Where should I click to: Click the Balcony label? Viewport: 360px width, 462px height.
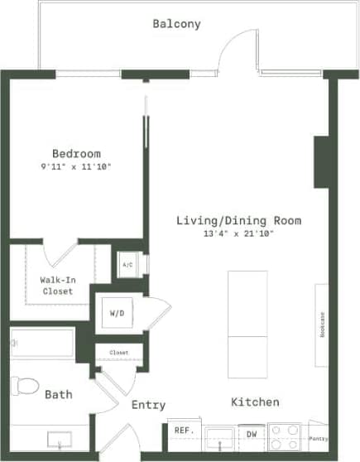click(176, 24)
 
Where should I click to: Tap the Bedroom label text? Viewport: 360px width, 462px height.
click(76, 153)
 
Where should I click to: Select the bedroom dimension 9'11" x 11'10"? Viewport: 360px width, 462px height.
click(76, 166)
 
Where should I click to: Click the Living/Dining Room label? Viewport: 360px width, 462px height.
click(238, 220)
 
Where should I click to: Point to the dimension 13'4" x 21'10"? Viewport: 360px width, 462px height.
click(238, 233)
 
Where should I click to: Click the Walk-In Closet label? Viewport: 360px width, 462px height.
click(56, 286)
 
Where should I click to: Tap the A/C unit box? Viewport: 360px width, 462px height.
click(127, 265)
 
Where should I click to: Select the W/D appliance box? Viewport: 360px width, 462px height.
click(117, 313)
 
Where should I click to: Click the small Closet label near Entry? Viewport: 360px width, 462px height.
click(118, 353)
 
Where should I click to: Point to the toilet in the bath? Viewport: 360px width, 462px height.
click(26, 386)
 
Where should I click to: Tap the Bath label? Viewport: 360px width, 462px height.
click(58, 394)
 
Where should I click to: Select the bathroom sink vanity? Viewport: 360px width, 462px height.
click(58, 438)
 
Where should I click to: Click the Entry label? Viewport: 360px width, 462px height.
click(148, 405)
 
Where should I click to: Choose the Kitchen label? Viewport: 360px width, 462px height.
click(254, 402)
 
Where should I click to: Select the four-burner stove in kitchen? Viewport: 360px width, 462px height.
click(284, 436)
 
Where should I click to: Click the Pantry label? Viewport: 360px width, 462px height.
click(318, 438)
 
